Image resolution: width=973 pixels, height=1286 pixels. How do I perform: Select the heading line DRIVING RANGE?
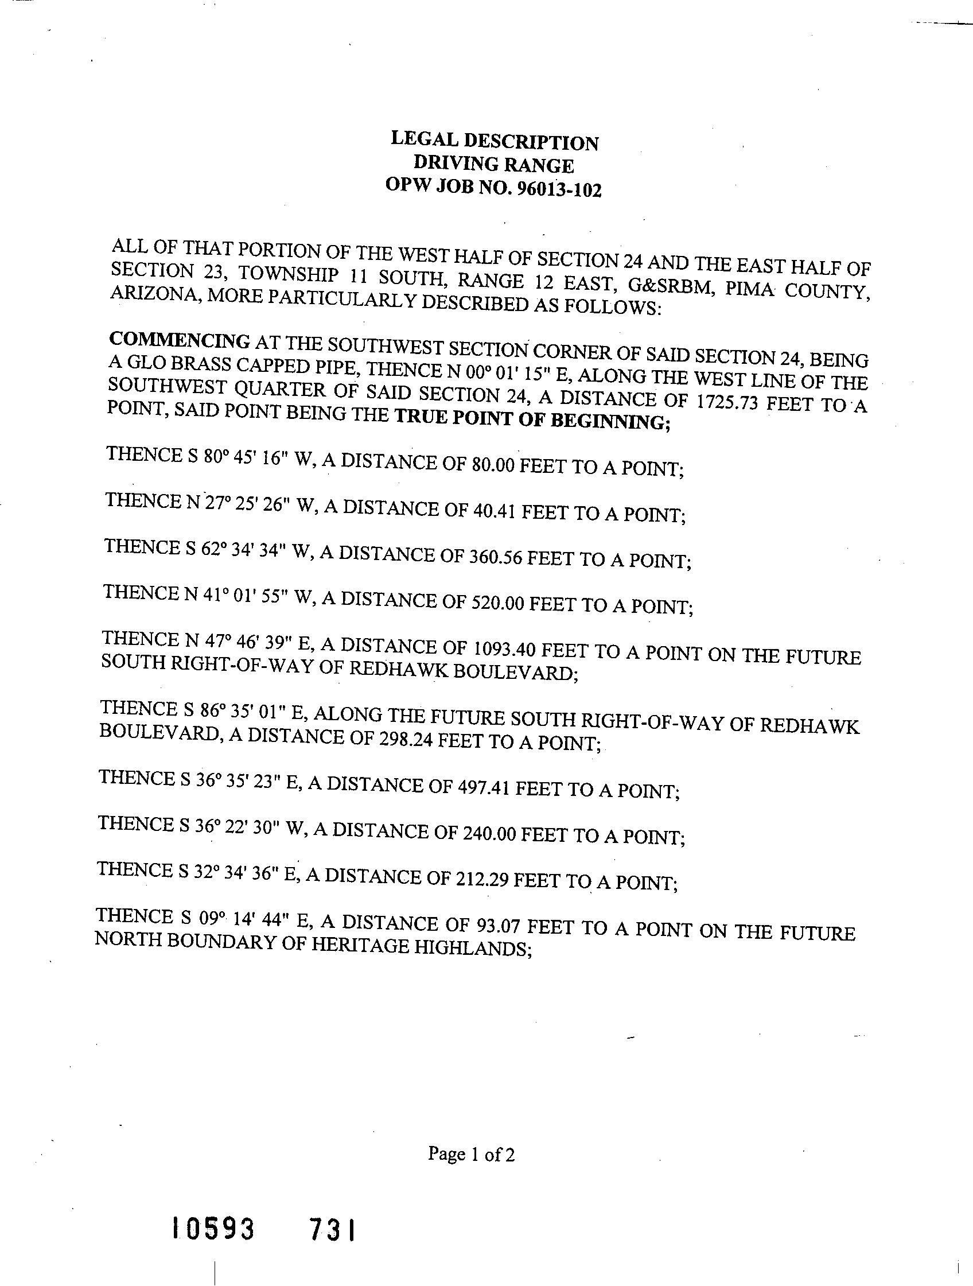click(493, 165)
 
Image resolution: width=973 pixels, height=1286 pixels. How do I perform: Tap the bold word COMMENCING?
click(180, 340)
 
